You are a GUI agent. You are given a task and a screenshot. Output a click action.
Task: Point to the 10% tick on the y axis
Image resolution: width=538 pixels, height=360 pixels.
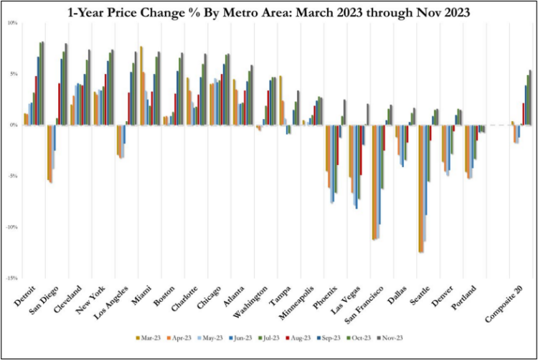[x=12, y=23]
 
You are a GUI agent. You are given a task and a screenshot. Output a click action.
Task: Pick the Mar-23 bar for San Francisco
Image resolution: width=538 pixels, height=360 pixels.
[x=374, y=182]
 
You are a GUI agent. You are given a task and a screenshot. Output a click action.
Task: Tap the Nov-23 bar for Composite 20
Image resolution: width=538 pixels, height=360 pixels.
[x=530, y=98]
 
